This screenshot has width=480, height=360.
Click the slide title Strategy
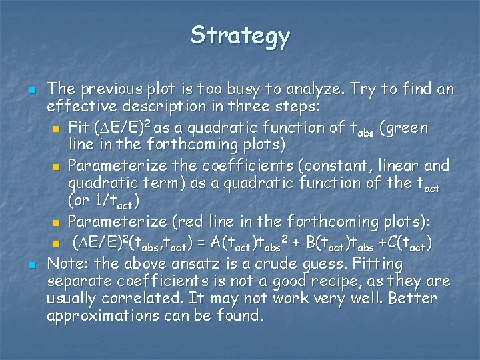pyautogui.click(x=240, y=36)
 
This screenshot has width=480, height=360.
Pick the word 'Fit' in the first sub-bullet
pyautogui.click(x=79, y=127)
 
